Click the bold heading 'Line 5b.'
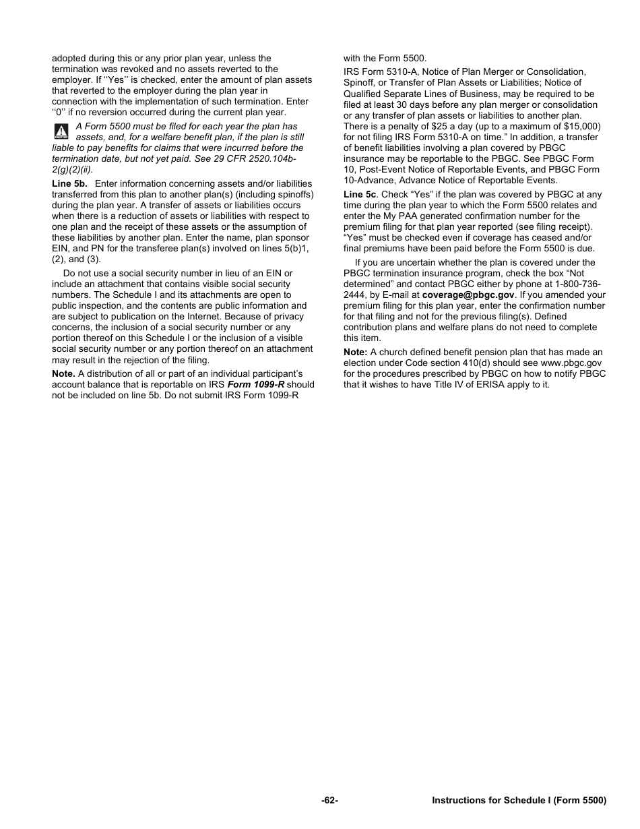point(69,183)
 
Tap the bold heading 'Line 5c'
point(360,194)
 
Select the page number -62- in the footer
point(329,801)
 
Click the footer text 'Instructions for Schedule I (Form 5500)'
point(519,801)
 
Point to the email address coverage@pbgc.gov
point(468,295)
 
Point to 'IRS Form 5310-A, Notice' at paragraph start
point(397,71)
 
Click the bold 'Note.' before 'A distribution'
point(63,373)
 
